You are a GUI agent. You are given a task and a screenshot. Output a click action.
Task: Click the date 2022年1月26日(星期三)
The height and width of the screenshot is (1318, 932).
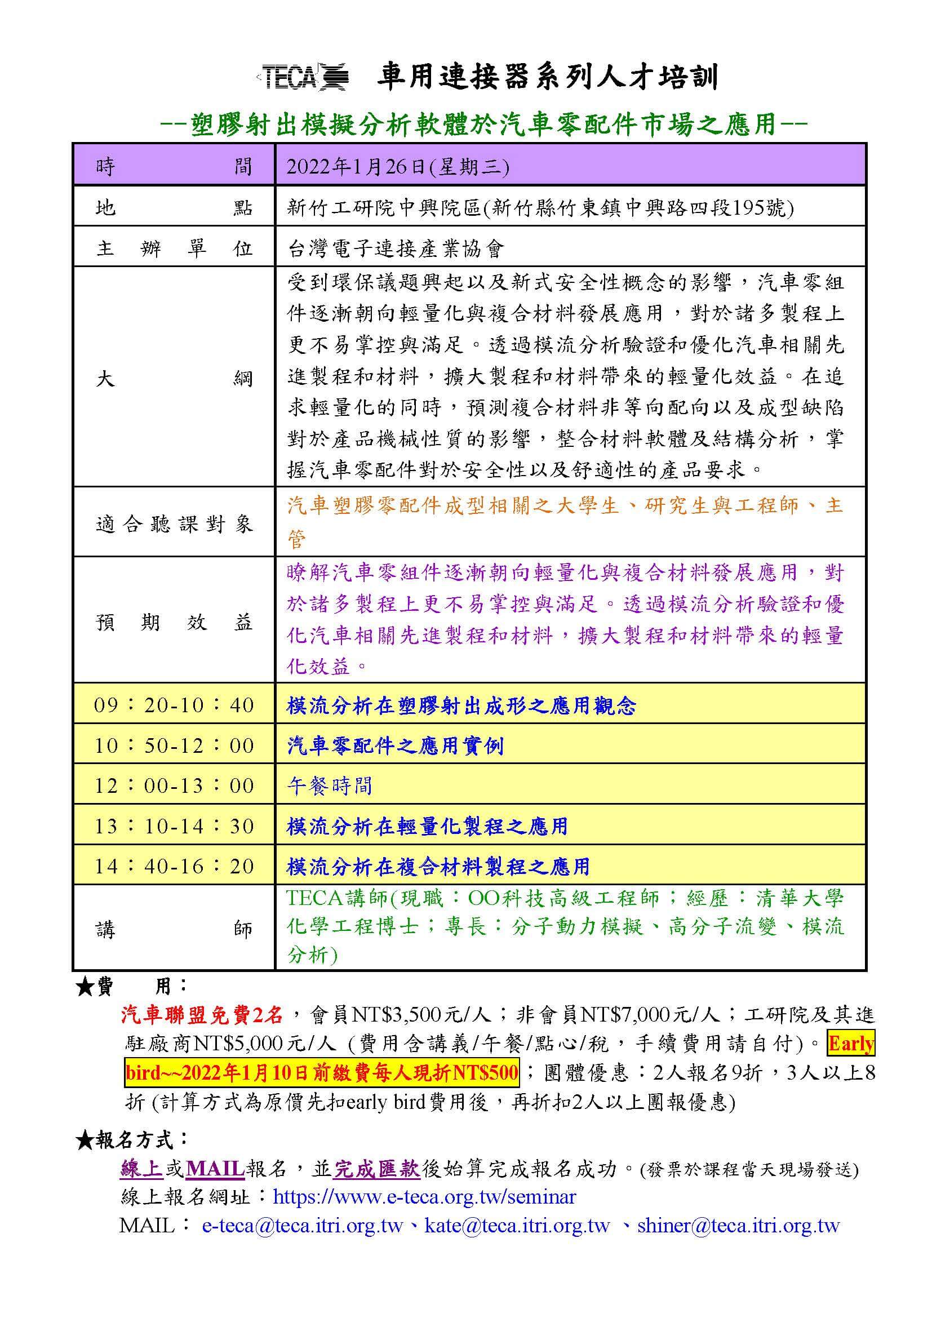(398, 166)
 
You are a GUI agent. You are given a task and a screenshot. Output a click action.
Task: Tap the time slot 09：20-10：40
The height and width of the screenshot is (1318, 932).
(174, 705)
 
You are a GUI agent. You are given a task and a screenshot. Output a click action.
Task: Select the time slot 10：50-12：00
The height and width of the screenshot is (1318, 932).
(174, 745)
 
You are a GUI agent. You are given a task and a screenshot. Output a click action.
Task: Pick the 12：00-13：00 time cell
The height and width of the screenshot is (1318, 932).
(174, 786)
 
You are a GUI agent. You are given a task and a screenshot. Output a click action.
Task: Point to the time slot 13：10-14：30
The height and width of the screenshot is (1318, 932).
(174, 826)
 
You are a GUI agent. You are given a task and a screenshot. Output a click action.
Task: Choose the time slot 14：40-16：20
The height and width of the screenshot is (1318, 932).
(174, 866)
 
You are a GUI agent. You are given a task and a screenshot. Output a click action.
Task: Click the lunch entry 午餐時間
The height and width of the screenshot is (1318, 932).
(330, 786)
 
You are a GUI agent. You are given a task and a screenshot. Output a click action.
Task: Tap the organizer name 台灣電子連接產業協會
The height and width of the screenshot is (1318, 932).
(396, 248)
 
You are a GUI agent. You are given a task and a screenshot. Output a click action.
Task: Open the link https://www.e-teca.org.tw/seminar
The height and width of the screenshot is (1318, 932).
(424, 1197)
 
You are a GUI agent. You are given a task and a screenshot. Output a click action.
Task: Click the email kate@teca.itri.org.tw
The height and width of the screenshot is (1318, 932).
(517, 1226)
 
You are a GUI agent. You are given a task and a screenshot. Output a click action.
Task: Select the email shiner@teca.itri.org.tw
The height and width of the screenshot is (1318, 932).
(738, 1226)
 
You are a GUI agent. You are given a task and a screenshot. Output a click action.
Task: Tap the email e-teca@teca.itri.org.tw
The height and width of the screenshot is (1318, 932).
(303, 1226)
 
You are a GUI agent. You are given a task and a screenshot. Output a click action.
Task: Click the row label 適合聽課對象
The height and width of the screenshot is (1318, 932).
(174, 523)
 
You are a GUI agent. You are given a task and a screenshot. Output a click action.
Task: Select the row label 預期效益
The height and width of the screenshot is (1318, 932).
(174, 622)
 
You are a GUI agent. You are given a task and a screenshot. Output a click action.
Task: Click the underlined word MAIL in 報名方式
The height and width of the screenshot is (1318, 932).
(215, 1169)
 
